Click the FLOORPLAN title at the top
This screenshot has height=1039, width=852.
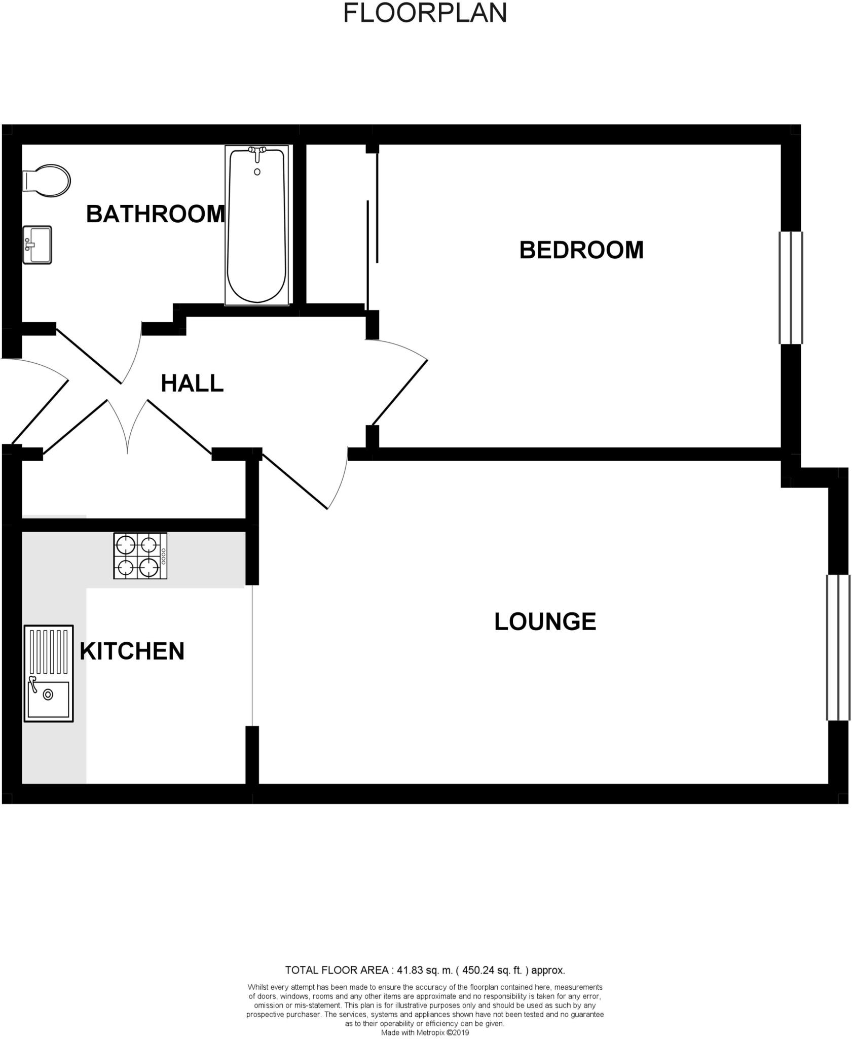[425, 13]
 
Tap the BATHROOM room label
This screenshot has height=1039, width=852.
[155, 214]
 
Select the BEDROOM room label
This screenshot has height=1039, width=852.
[581, 251]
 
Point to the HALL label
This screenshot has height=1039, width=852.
[192, 384]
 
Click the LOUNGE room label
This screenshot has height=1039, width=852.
[545, 622]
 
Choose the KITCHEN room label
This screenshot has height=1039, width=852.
[132, 651]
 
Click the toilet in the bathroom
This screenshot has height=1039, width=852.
[47, 181]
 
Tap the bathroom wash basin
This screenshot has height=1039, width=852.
[38, 245]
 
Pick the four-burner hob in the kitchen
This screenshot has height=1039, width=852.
[140, 556]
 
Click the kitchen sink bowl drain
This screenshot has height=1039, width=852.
[48, 695]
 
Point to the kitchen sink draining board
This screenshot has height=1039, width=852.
[49, 651]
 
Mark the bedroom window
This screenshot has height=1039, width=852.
[790, 288]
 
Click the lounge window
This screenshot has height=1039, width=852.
[838, 647]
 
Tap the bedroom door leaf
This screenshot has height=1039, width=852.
[400, 393]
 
